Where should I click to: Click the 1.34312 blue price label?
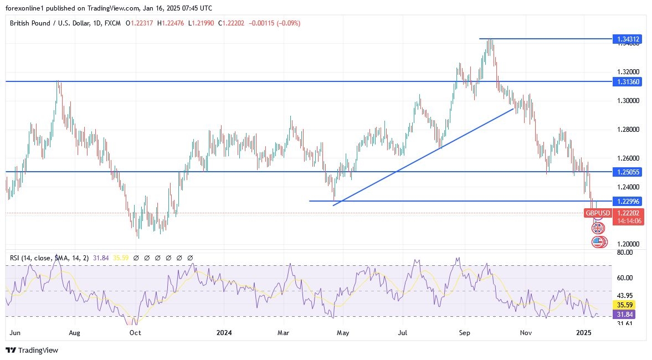[x=627, y=39]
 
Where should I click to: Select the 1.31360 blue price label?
[x=627, y=81]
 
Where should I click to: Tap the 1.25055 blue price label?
[x=627, y=172]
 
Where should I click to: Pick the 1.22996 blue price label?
[x=627, y=201]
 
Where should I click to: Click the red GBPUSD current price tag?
[x=598, y=213]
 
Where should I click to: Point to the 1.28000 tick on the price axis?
[x=629, y=130]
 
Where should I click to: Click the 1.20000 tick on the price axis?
[x=629, y=244]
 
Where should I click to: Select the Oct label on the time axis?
[x=135, y=333]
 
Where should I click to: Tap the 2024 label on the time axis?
[x=224, y=333]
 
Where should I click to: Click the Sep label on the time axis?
[x=464, y=333]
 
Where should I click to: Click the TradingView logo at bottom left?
[x=32, y=350]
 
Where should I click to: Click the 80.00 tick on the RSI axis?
[x=624, y=253]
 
